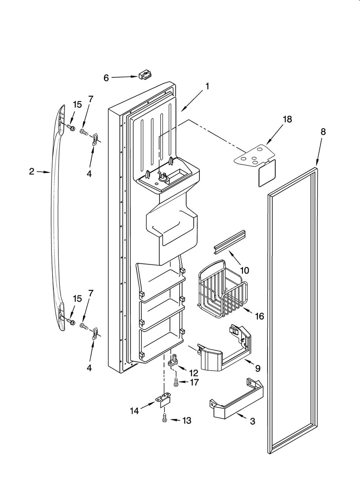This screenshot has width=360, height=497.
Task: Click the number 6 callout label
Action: tap(106, 78)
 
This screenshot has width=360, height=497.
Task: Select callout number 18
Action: tap(287, 119)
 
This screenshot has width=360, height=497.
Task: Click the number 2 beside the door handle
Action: tap(32, 171)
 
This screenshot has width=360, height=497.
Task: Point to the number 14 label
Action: tap(134, 411)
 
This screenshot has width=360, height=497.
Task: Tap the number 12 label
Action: tap(193, 373)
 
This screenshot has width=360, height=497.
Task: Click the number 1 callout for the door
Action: tap(207, 86)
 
